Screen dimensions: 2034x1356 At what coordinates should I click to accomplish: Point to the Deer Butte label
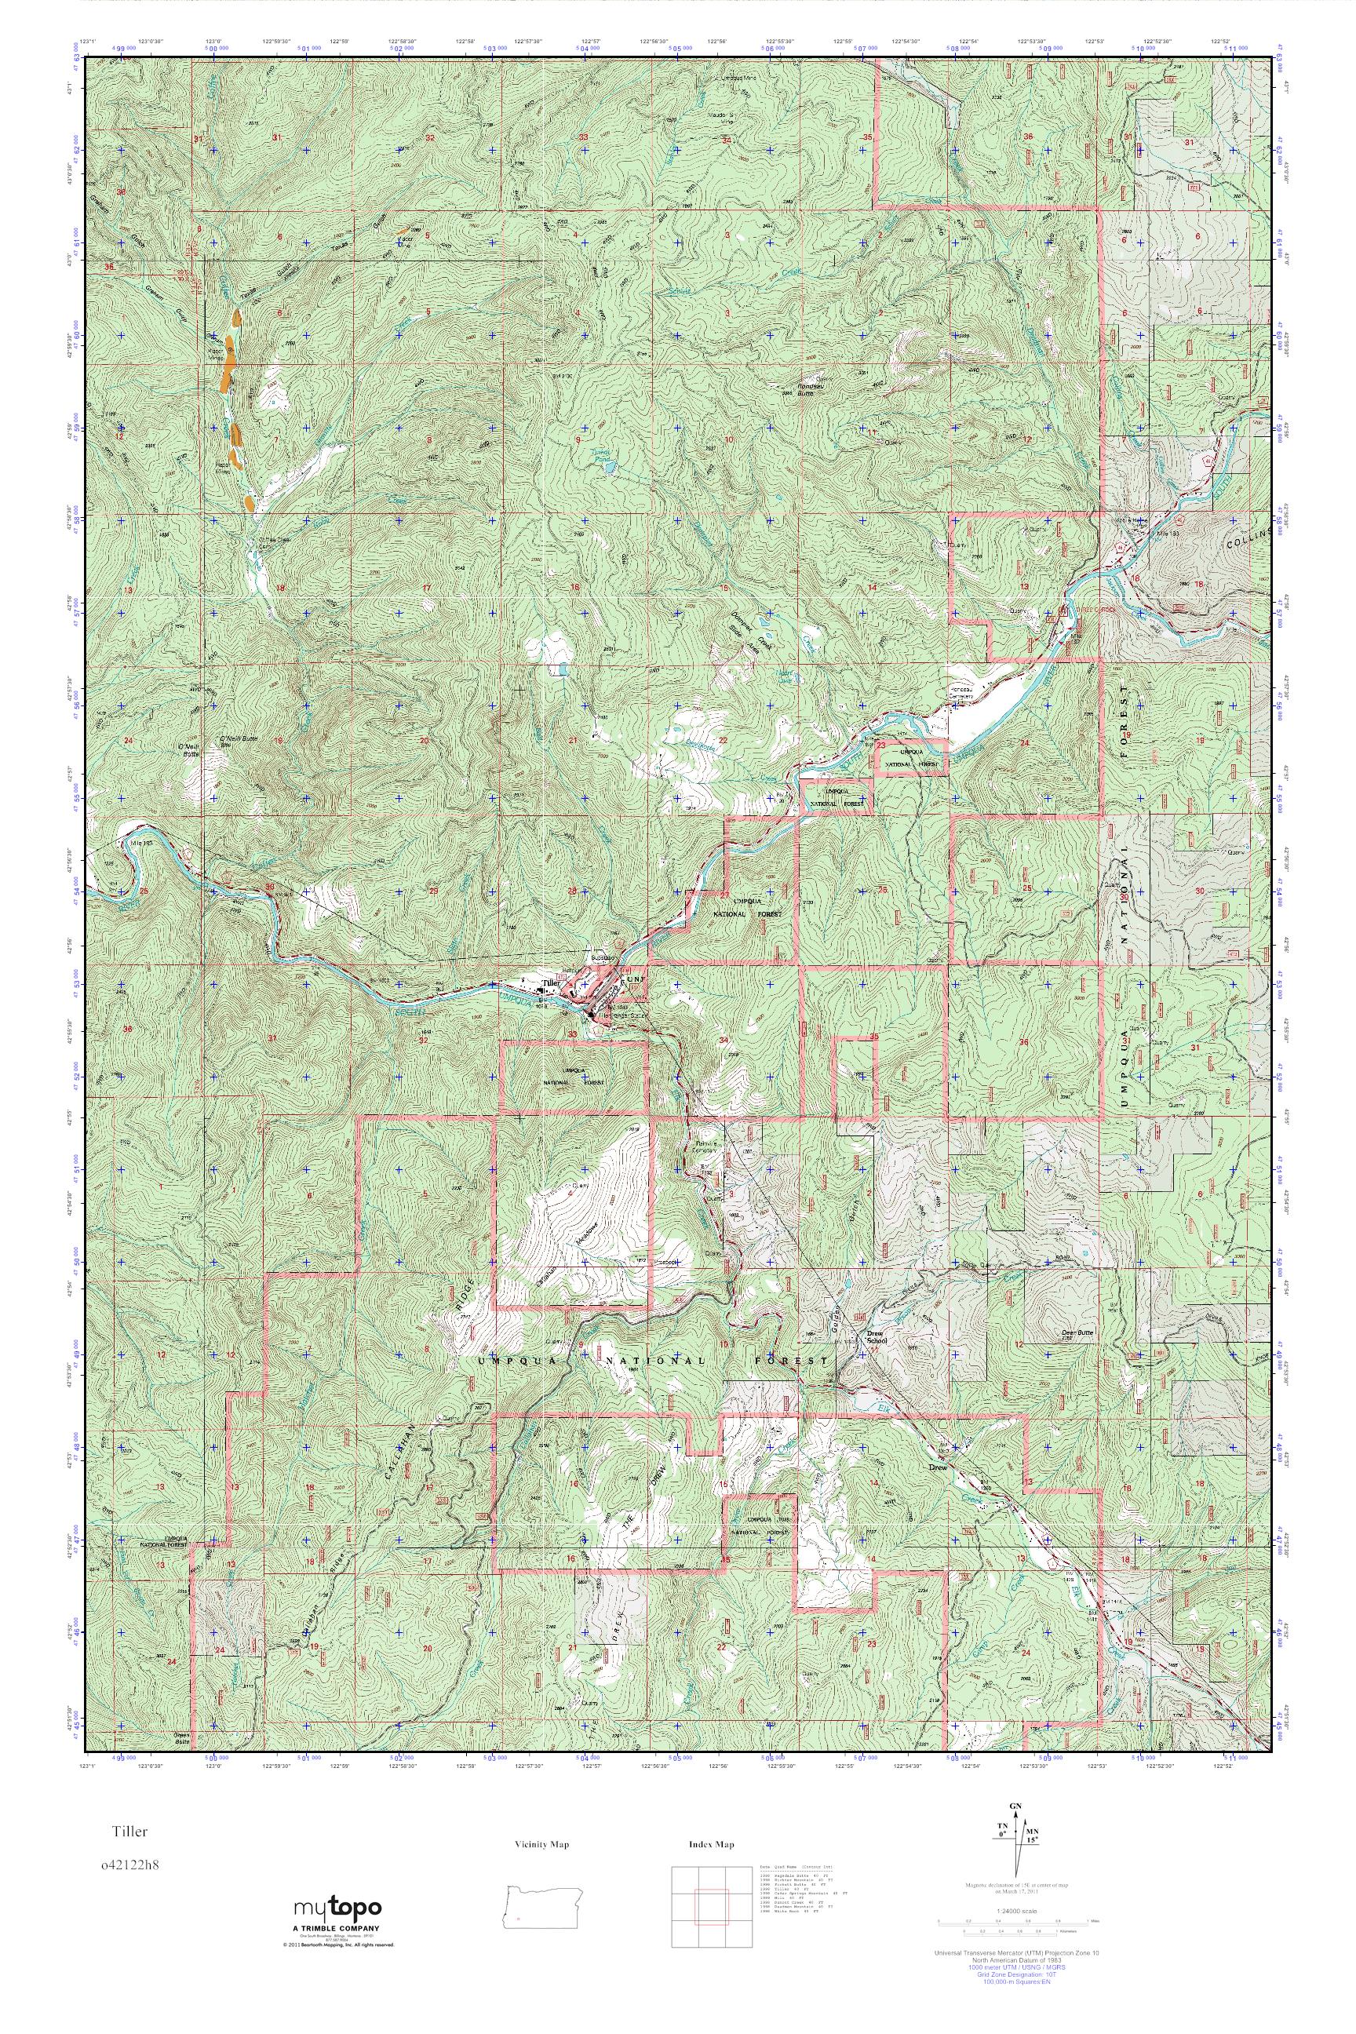1078,1332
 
